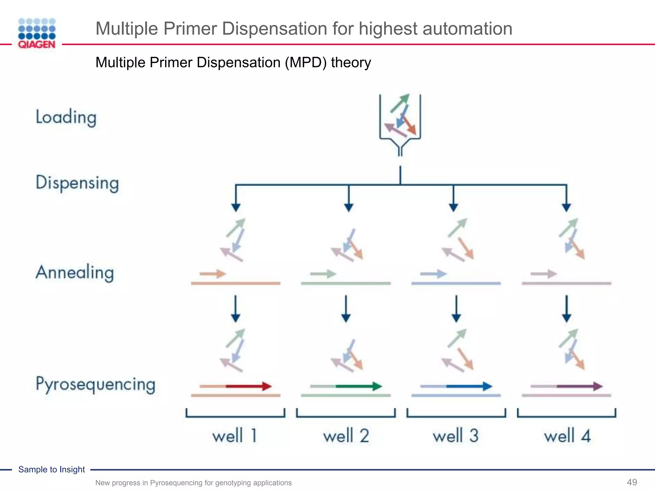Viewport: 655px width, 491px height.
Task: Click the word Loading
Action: pos(66,117)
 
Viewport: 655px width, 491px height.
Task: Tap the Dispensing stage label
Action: pos(77,183)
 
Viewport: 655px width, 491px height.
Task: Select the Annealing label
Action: pos(75,273)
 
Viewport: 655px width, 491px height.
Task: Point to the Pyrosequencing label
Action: pos(95,384)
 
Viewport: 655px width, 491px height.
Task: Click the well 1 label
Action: pos(235,436)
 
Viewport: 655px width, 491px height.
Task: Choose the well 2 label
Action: pos(346,436)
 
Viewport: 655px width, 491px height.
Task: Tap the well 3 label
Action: pos(456,436)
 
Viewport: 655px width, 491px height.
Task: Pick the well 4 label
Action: pos(567,436)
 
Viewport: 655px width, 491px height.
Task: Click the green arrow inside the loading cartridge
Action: pos(400,103)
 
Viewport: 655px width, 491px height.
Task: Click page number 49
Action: pos(632,482)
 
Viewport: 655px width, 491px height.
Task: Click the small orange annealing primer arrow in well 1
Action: pos(213,274)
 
